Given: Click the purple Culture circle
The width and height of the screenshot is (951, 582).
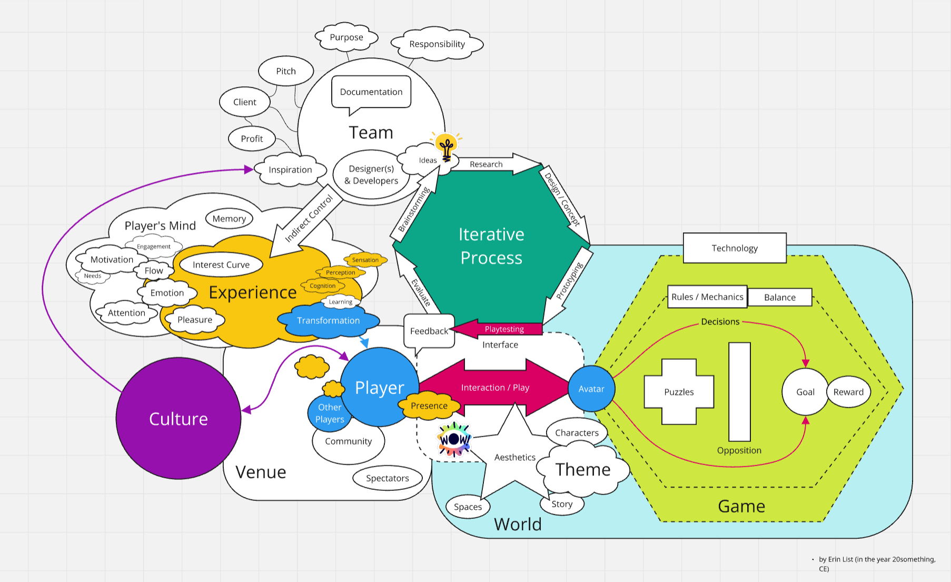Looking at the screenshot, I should [178, 419].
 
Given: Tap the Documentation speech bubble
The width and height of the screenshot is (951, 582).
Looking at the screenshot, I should [371, 92].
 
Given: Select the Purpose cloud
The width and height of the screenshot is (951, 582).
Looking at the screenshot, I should [346, 37].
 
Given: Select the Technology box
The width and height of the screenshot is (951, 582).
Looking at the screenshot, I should [735, 248].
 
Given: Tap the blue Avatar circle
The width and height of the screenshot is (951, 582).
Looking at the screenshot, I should [591, 389].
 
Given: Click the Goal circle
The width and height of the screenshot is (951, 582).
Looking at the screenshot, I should [805, 392].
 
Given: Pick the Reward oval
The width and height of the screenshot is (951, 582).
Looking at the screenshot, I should [849, 392].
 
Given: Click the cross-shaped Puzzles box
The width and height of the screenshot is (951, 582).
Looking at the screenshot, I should [679, 392].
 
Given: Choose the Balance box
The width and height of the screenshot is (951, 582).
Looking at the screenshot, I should [780, 298].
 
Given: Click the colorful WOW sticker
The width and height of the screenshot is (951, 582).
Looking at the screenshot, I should [454, 439].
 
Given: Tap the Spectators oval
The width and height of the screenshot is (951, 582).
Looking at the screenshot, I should [388, 478].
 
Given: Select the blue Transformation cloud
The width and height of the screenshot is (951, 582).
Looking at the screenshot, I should [328, 321].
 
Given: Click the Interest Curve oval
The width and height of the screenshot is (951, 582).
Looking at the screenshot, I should [221, 264].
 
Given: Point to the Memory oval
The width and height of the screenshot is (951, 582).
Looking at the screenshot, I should [229, 219].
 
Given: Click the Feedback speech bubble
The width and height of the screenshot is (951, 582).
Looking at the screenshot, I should [429, 331].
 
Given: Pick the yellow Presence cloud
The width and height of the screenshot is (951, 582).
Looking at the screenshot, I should [429, 406].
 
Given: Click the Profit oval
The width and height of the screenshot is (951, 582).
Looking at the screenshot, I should [252, 139].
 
